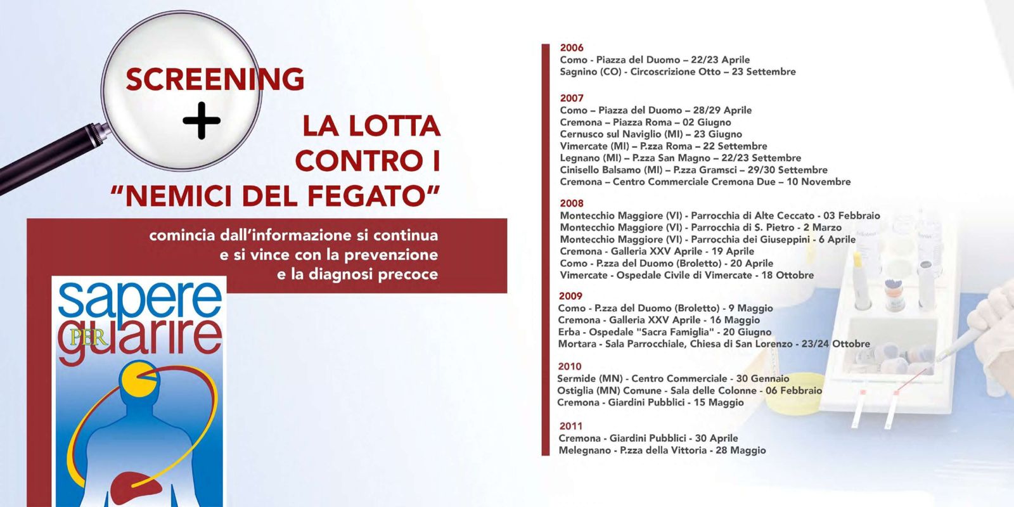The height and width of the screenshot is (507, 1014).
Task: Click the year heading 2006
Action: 572,48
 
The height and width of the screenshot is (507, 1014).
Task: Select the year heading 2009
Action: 571,296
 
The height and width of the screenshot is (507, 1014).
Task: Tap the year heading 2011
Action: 571,426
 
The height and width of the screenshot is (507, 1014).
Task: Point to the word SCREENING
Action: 215,79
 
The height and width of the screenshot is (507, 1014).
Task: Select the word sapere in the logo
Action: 139,301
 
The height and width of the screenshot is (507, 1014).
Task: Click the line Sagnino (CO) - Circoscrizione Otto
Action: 677,72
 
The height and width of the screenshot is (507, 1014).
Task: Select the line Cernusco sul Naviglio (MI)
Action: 651,134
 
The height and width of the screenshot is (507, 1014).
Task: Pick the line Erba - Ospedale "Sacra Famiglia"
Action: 665,332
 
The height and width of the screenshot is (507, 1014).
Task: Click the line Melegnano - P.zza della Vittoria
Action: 662,451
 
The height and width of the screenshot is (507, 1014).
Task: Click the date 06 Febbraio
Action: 793,390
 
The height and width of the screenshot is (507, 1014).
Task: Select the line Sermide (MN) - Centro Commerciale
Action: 673,379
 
